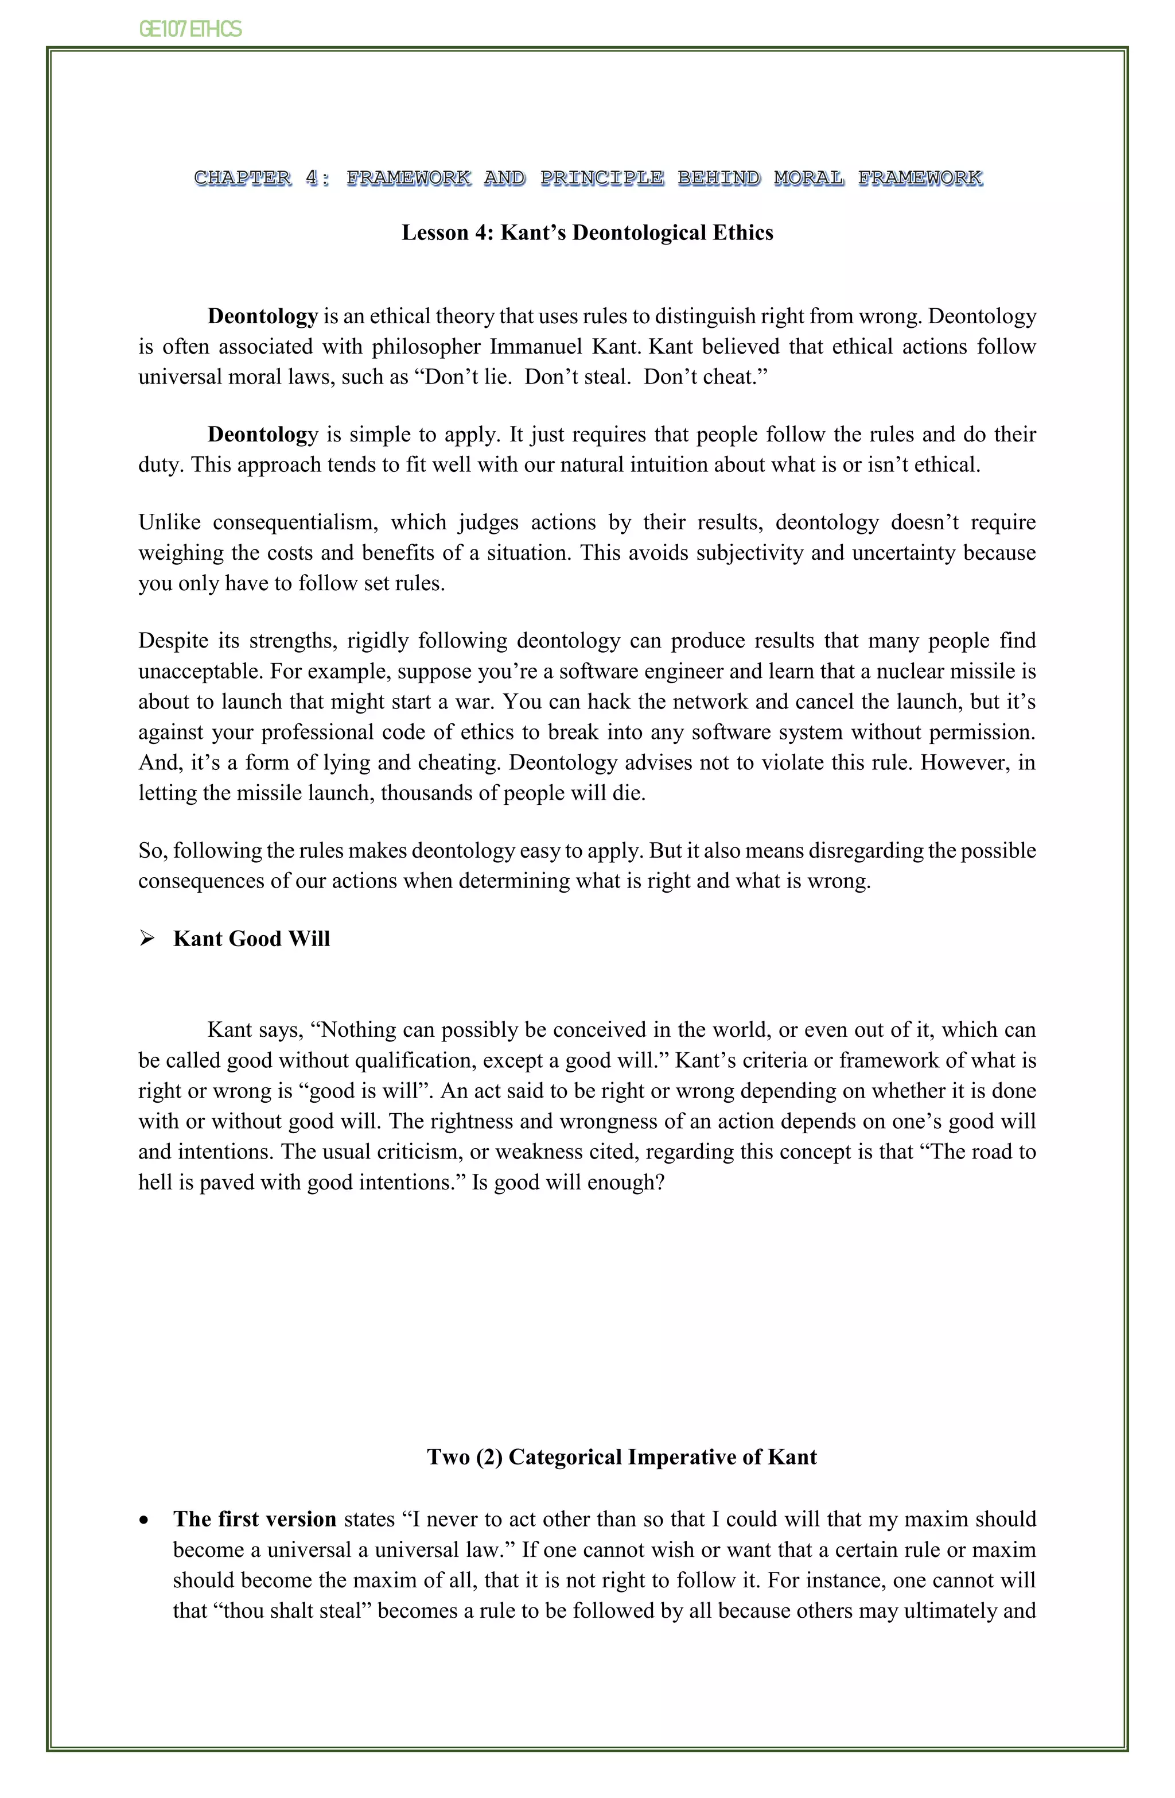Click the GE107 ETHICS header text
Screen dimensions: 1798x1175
(x=190, y=29)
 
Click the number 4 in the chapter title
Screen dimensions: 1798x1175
(x=312, y=179)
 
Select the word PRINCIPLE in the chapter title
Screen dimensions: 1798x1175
(x=602, y=179)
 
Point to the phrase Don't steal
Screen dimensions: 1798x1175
(x=577, y=377)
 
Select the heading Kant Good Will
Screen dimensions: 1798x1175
(x=251, y=939)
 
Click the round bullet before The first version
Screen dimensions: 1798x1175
(x=144, y=1521)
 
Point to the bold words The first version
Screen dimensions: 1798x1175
(x=255, y=1519)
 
